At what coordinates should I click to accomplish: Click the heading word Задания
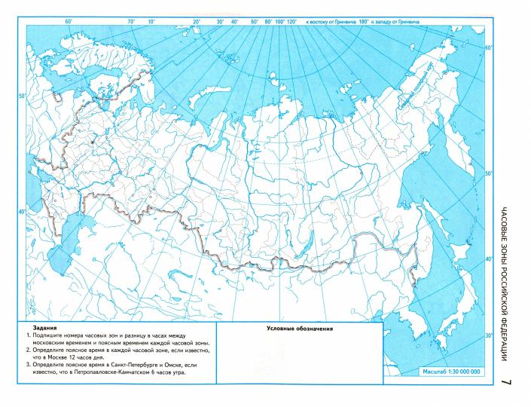(x=35, y=329)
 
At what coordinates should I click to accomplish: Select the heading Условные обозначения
(x=300, y=329)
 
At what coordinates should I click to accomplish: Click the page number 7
(x=505, y=384)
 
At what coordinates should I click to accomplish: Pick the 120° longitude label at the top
(x=292, y=23)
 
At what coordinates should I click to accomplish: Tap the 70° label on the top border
(x=131, y=23)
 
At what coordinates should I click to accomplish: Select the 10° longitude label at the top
(x=151, y=23)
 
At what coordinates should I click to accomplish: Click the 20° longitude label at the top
(x=196, y=23)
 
